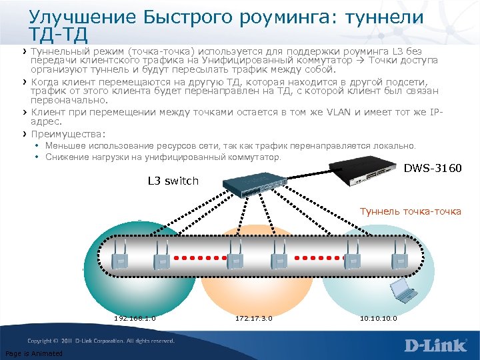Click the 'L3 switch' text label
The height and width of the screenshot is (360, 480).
pyautogui.click(x=173, y=181)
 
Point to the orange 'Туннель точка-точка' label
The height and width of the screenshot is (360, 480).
pyautogui.click(x=410, y=211)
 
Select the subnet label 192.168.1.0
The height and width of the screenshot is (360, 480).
pyautogui.click(x=135, y=318)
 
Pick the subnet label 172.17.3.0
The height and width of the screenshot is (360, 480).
pyautogui.click(x=253, y=318)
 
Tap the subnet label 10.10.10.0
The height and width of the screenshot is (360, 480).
pyautogui.click(x=378, y=318)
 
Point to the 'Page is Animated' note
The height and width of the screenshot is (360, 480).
pyautogui.click(x=33, y=353)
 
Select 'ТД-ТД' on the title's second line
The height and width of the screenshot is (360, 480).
pyautogui.click(x=59, y=31)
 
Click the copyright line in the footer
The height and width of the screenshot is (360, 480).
pyautogui.click(x=100, y=341)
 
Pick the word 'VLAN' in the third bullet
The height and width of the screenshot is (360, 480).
pyautogui.click(x=341, y=113)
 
